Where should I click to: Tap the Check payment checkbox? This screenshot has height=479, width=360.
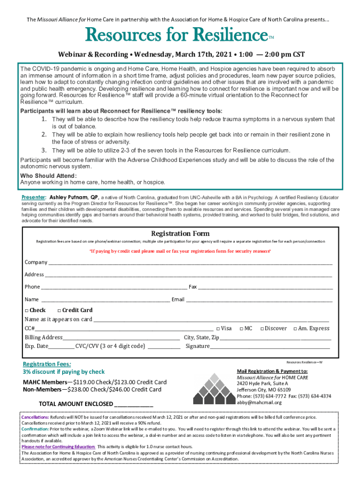27,310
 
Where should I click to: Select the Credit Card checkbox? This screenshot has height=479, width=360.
59,310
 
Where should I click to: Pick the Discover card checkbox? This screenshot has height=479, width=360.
262,329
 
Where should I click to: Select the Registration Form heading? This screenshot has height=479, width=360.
180,233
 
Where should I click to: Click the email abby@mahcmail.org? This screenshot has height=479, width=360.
259,402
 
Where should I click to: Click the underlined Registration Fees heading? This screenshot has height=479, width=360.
47,364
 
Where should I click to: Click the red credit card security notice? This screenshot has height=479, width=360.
180,251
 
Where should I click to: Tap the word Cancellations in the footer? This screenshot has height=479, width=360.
35,417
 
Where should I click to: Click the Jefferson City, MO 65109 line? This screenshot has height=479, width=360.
264,390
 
